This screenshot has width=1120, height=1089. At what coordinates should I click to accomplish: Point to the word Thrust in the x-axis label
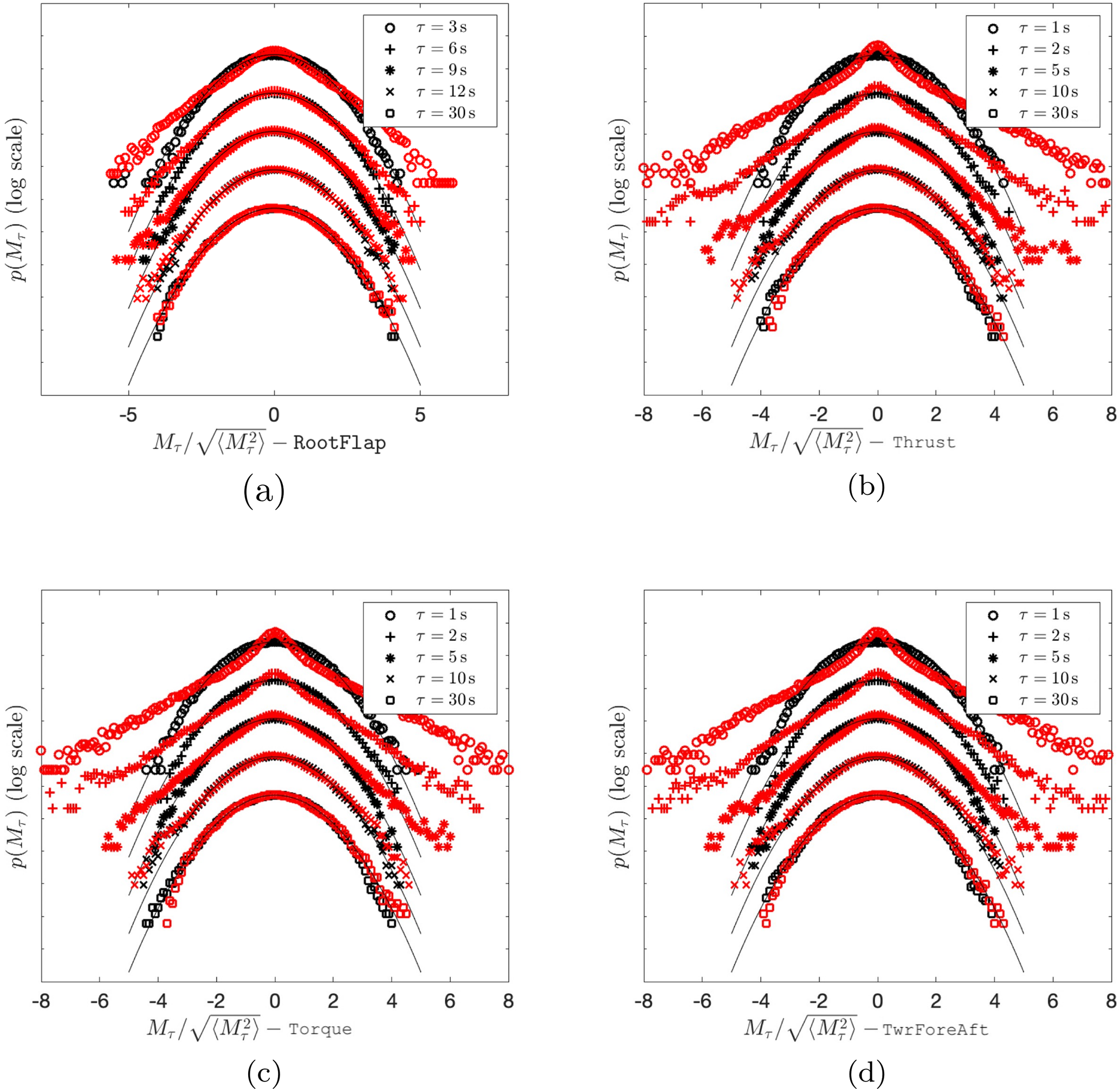[924, 442]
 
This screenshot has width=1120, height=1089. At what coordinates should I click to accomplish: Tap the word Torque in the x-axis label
[320, 1029]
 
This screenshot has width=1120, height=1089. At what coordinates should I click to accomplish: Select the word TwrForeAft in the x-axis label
[935, 1029]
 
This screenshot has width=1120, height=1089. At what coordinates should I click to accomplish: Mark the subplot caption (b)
[866, 487]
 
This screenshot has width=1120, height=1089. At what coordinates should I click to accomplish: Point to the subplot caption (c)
[264, 1073]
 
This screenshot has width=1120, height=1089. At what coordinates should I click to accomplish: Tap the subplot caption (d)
[866, 1073]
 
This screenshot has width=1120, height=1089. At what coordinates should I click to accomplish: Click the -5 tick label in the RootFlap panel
[128, 415]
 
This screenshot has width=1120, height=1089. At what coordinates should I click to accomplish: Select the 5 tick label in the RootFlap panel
[420, 415]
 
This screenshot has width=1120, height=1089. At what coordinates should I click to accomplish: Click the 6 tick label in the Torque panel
[450, 1001]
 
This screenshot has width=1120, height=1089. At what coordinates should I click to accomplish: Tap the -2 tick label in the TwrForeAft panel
[818, 1001]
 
